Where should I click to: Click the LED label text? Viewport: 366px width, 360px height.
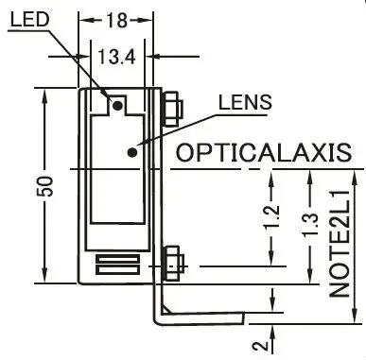[x=30, y=19]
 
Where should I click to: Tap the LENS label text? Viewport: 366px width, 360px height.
[x=245, y=102]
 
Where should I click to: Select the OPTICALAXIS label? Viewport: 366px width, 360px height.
[x=263, y=153]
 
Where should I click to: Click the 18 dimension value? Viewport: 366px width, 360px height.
[x=116, y=21]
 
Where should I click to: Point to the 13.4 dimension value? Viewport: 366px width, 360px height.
[x=116, y=57]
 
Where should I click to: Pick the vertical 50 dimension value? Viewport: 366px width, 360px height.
[x=44, y=186]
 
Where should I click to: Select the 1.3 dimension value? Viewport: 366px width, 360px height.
[x=311, y=225]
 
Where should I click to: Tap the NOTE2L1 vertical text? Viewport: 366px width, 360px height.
[x=340, y=244]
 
